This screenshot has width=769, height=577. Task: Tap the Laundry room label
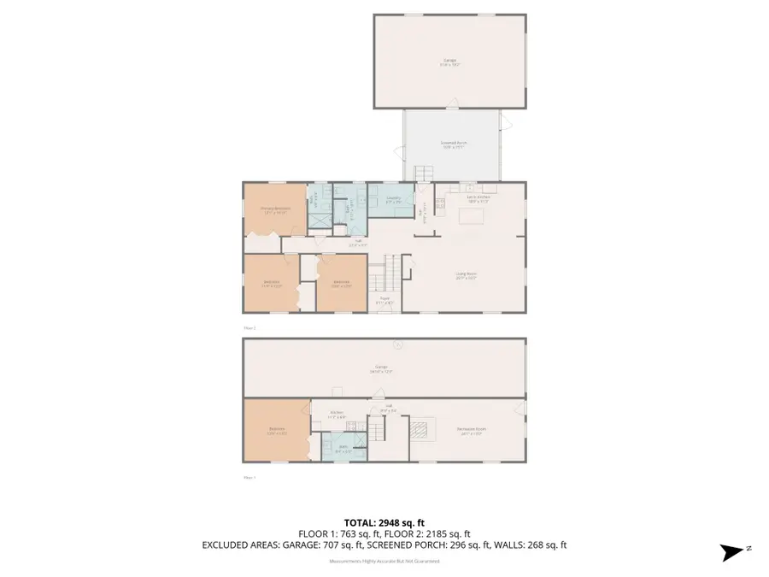[x=394, y=200]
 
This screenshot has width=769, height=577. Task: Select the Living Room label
[x=466, y=276]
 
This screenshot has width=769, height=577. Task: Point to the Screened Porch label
[x=454, y=144]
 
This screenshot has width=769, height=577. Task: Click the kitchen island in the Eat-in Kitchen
[x=471, y=216]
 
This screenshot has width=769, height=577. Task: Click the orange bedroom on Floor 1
[x=277, y=430]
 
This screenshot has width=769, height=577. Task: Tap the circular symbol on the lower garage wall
[x=396, y=345]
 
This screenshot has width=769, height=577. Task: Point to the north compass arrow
[x=731, y=553]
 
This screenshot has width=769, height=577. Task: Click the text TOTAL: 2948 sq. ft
[x=384, y=522]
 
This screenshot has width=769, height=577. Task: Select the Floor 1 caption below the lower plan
[x=249, y=478]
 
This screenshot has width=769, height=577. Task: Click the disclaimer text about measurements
[x=384, y=561]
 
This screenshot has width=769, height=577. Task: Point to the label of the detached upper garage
[x=449, y=62]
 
